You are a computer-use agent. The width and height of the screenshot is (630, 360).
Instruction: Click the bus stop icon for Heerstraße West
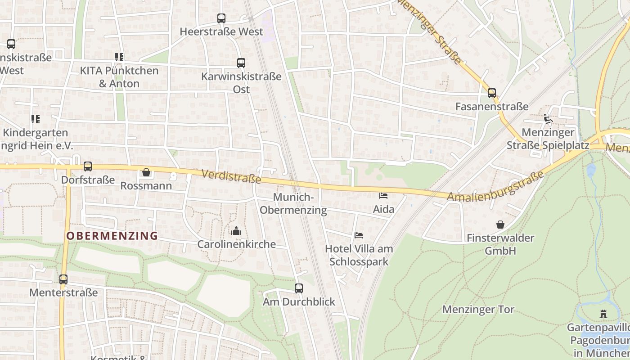coord(221,18)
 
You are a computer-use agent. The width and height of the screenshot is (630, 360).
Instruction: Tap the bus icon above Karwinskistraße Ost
coord(241,63)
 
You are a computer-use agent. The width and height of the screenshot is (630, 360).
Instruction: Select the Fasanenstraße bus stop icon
coord(492,93)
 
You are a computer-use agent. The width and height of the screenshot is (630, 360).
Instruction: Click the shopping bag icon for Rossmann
coord(146,172)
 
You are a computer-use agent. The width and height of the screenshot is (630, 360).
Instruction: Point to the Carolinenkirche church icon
coord(236,231)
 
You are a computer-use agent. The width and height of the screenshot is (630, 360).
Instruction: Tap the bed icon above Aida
coord(383,196)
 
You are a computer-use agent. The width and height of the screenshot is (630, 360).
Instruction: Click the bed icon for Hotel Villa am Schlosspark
coord(359,235)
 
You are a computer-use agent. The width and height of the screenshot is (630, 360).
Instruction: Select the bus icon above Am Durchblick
coord(299,288)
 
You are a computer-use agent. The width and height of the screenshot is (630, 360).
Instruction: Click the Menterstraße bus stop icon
coord(63,279)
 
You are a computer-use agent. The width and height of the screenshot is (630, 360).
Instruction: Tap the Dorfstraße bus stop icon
coord(88,166)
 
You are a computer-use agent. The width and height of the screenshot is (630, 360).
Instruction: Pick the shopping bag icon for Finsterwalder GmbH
coord(500,225)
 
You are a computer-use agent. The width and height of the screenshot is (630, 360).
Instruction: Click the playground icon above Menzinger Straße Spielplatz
coord(548,119)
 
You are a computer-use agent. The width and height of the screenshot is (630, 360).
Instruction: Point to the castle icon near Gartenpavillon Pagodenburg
coord(603,314)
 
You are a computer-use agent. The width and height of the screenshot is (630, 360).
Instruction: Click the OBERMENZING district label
coord(112,235)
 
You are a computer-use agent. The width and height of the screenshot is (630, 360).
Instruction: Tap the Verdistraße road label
coord(231,176)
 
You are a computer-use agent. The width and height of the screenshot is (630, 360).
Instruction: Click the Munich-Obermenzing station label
coord(293,203)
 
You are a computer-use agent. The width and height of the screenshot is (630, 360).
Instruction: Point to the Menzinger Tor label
coord(478,310)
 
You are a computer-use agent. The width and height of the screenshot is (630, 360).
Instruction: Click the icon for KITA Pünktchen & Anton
coord(119,57)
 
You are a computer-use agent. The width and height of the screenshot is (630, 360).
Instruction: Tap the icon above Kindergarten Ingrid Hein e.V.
coord(36,119)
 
